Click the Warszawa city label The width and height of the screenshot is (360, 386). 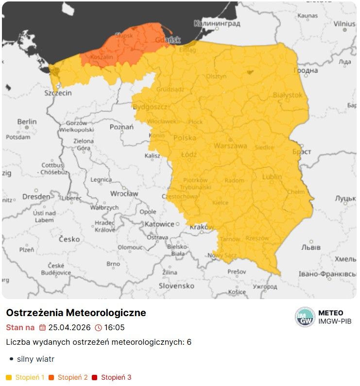(x=230, y=146)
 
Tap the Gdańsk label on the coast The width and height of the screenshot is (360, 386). (x=168, y=40)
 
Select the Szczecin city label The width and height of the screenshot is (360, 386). (x=58, y=93)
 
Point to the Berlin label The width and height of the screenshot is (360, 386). (x=27, y=121)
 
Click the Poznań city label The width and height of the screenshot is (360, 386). (x=121, y=127)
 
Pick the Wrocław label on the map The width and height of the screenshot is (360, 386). (x=124, y=193)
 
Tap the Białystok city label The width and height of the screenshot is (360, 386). (x=288, y=95)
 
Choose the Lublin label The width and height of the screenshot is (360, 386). (x=272, y=177)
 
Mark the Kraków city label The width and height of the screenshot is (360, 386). (x=202, y=227)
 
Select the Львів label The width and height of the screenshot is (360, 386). (x=311, y=247)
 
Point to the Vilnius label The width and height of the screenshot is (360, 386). (x=344, y=23)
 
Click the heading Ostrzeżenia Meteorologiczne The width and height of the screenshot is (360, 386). (x=76, y=313)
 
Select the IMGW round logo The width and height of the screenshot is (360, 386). (x=305, y=317)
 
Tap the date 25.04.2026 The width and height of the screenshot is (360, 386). (x=69, y=328)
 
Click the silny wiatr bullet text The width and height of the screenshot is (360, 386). (x=35, y=359)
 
